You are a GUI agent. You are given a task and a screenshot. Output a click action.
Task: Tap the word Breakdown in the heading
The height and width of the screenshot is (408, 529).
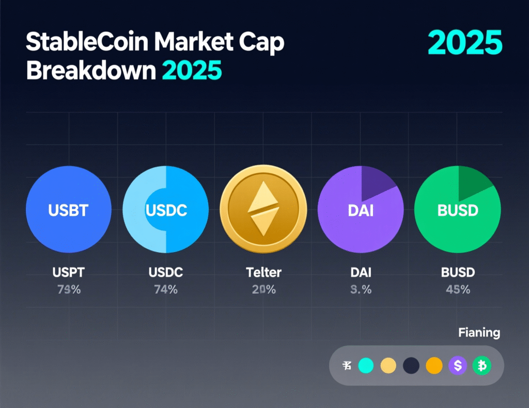[x=90, y=71]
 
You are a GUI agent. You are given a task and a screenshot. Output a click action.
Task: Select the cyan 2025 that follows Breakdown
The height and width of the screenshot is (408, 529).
[x=192, y=71]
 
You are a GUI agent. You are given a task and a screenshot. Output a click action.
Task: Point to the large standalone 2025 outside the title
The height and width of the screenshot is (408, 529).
[x=465, y=43]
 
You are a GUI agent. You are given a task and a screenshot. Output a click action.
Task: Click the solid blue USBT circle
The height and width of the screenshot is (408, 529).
[x=68, y=210]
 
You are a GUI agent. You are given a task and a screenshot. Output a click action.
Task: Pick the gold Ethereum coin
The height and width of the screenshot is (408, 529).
[x=263, y=210]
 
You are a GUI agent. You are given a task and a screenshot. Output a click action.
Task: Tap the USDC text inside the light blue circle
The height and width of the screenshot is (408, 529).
[x=166, y=211]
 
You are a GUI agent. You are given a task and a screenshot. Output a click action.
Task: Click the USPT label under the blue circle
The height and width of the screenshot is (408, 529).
[x=68, y=272]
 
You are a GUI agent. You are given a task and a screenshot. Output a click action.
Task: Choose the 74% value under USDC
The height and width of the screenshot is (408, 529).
[x=166, y=290]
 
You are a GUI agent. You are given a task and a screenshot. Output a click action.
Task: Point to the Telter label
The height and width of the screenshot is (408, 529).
[x=263, y=272]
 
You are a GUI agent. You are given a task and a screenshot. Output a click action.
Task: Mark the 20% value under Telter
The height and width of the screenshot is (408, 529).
[x=263, y=290]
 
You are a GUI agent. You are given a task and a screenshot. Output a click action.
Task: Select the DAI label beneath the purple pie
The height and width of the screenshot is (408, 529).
[x=361, y=272]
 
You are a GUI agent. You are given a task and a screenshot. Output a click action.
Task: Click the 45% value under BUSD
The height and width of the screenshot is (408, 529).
[x=458, y=290]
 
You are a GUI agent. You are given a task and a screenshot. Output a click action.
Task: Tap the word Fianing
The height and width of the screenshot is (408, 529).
[x=479, y=333]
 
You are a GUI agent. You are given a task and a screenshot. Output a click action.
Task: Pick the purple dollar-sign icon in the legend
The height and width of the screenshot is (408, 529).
[x=458, y=366]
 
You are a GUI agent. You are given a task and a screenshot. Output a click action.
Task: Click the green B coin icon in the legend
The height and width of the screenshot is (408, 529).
[x=482, y=366]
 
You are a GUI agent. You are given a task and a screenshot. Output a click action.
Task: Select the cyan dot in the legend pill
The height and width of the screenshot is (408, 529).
[x=365, y=366]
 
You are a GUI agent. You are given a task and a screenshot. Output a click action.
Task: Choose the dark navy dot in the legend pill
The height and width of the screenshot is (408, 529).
[x=411, y=366]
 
